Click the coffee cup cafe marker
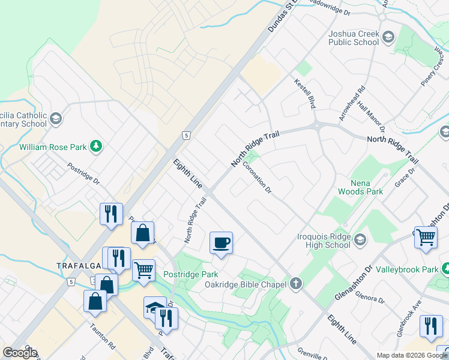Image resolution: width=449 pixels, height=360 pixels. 221,242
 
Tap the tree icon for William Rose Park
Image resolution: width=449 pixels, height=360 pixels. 95,146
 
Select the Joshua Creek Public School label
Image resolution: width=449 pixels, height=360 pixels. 354,38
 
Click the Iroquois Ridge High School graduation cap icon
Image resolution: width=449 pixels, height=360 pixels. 360,240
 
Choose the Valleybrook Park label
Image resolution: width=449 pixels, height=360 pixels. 407,269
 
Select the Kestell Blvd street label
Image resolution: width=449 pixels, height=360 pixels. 305,95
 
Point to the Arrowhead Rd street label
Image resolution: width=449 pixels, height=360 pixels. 352,104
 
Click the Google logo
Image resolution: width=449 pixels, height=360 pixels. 20,353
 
